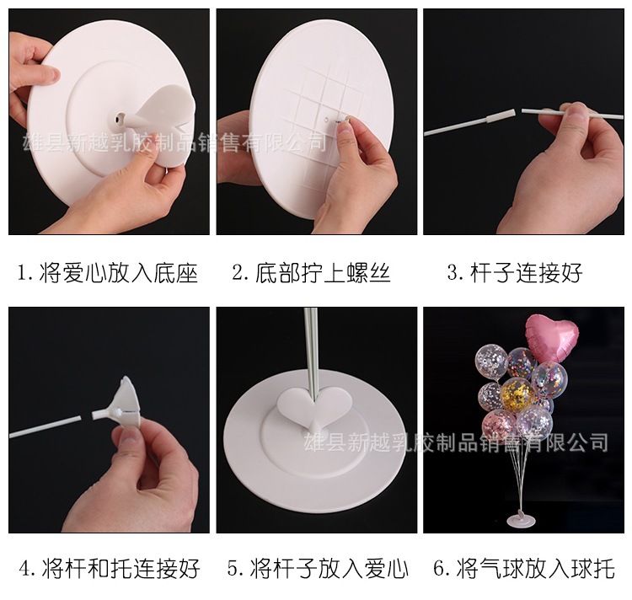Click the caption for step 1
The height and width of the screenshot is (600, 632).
tap(107, 273)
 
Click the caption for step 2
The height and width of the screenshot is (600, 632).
tap(311, 273)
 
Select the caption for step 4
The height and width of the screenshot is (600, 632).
tap(109, 568)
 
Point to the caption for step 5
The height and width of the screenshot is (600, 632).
tap(317, 568)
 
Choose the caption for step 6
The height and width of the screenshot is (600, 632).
tap(523, 568)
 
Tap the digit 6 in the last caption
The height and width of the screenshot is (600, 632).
tap(441, 568)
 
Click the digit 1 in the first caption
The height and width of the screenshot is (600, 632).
tap(24, 273)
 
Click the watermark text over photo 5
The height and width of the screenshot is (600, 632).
tap(455, 441)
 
